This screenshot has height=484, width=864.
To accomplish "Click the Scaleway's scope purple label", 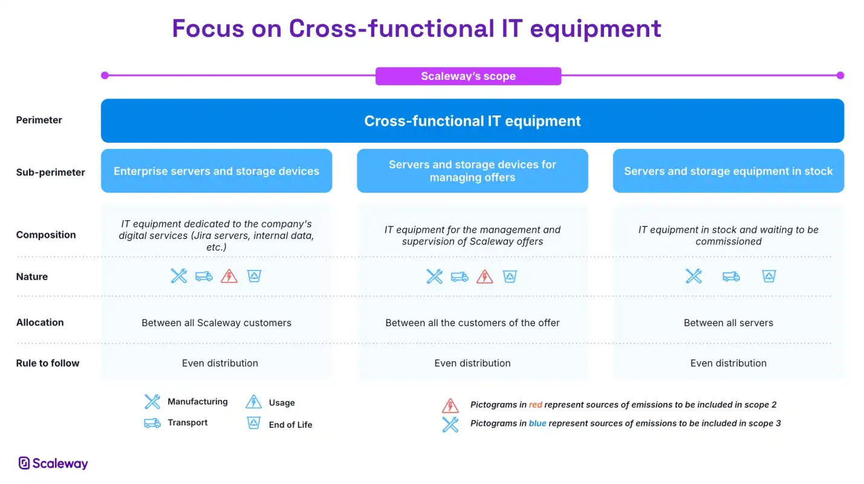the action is (468, 76).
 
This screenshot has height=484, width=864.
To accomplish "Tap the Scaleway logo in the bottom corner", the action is (53, 463).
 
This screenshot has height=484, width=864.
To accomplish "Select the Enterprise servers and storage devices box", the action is (216, 171).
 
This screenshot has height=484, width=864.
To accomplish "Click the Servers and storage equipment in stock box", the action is (728, 171).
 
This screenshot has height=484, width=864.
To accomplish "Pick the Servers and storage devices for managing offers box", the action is (472, 171).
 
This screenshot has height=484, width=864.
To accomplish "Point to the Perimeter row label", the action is (39, 120).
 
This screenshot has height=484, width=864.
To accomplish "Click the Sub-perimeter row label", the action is (51, 172).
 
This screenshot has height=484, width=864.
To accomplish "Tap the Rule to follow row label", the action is (47, 363).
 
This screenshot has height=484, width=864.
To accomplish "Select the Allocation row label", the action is (40, 322).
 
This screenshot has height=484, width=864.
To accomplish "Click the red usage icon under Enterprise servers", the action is (229, 276).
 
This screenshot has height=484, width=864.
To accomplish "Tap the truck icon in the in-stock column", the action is (731, 276).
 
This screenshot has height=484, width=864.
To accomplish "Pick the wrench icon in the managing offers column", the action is (434, 276).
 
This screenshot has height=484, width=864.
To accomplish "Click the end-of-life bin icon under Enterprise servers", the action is (254, 276).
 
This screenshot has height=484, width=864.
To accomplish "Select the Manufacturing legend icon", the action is (152, 402).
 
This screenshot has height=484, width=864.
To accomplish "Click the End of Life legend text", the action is (290, 425).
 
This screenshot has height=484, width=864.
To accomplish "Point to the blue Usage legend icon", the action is (253, 402).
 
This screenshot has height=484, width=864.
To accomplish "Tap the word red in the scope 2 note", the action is (535, 405).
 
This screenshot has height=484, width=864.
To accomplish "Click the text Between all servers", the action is (728, 322).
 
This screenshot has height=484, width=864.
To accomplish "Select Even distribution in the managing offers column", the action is (472, 363).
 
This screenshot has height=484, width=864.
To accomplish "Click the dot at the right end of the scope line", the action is (840, 75).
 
